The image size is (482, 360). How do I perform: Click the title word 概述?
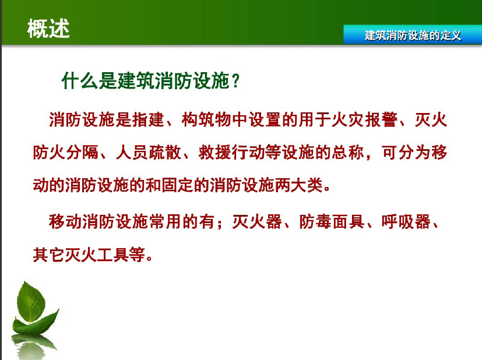[48, 29]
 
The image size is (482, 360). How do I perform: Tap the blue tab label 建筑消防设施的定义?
[413, 36]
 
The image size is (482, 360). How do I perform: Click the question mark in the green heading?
[236, 81]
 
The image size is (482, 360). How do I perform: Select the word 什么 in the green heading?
[80, 81]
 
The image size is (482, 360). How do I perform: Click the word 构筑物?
[206, 119]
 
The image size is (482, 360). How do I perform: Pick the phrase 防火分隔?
[66, 153]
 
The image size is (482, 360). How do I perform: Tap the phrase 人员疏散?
[149, 153]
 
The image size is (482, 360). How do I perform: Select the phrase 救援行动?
[231, 153]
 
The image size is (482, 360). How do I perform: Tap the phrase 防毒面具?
[332, 221]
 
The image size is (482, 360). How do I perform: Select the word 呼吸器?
[406, 221]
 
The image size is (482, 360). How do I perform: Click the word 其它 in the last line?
[49, 255]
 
